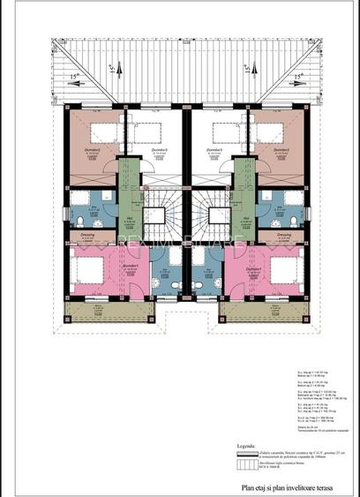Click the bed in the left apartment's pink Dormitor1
pyautogui.click(x=89, y=268)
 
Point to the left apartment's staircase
pyautogui.click(x=162, y=215)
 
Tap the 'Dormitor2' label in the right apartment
pyautogui.click(x=284, y=151)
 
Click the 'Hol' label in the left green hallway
pyautogui.click(x=129, y=217)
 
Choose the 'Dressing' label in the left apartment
pyautogui.click(x=87, y=235)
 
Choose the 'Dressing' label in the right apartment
pyautogui.click(x=284, y=235)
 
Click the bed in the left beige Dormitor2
pyautogui.click(x=103, y=133)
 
